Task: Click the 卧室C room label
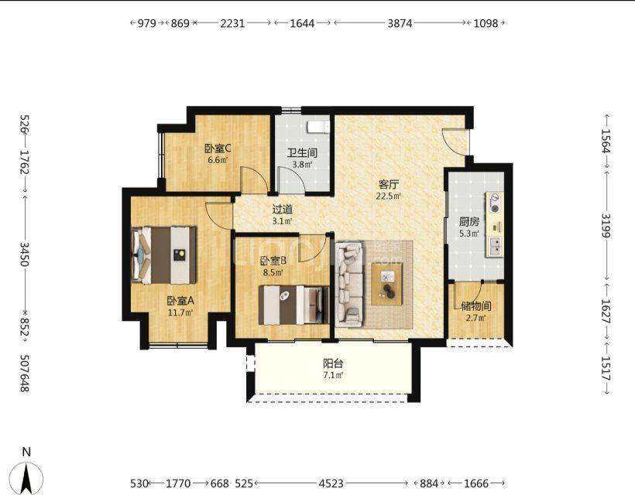(218, 148)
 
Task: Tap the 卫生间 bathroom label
(302, 153)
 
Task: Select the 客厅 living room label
(389, 185)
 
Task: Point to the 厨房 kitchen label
(469, 222)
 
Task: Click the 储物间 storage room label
(475, 306)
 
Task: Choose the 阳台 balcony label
(333, 364)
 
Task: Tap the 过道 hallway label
(283, 210)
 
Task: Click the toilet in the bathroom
(318, 127)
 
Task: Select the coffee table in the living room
(387, 284)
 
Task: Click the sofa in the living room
(349, 284)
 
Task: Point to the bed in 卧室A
(164, 254)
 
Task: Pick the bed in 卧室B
(294, 305)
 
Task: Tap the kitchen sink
(495, 246)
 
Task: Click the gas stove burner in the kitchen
(495, 203)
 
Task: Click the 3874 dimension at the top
(400, 23)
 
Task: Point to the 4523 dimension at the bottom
(331, 483)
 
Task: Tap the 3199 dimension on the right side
(606, 225)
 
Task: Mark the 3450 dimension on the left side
(25, 254)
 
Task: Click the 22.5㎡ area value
(389, 196)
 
